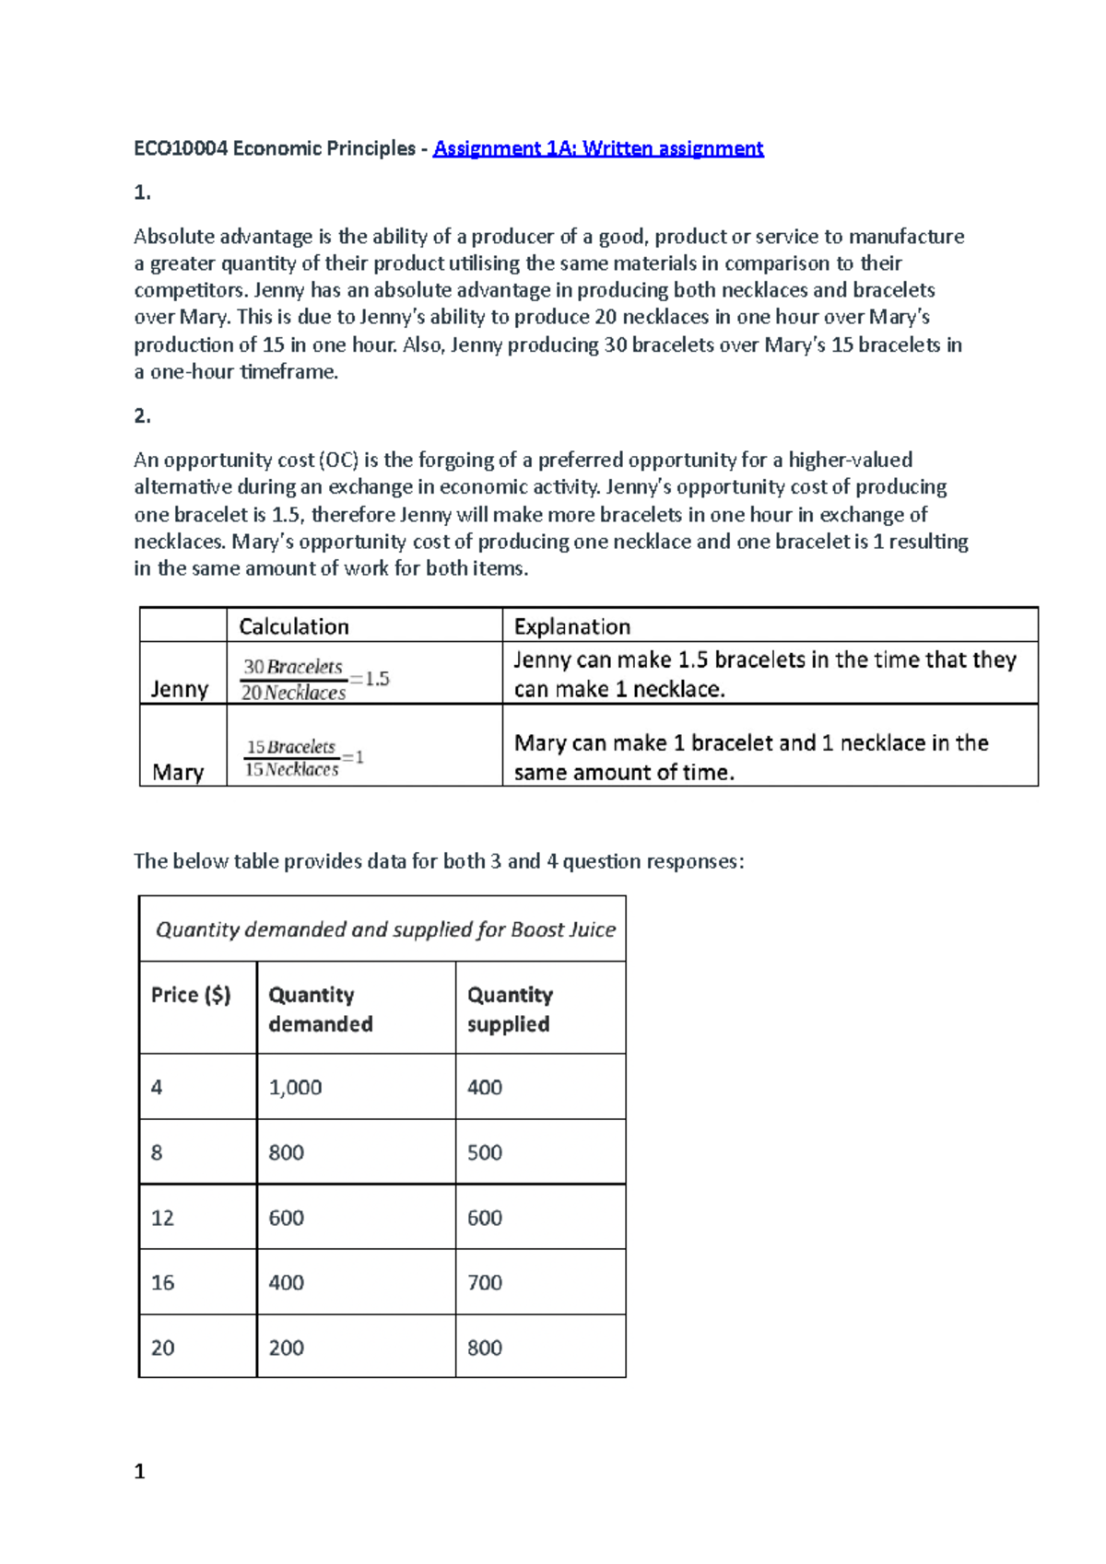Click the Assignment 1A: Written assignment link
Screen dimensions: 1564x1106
pyautogui.click(x=598, y=148)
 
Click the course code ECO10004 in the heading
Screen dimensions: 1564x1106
pyautogui.click(x=180, y=148)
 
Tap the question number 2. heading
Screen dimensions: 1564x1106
pyautogui.click(x=142, y=416)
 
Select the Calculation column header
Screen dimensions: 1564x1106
pyautogui.click(x=294, y=626)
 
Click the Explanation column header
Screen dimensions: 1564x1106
pyautogui.click(x=571, y=626)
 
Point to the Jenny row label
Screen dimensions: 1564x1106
pyautogui.click(x=179, y=689)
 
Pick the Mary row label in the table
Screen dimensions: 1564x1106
pyautogui.click(x=178, y=772)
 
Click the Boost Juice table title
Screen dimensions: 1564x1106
pyautogui.click(x=385, y=929)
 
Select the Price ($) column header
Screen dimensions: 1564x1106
pyautogui.click(x=191, y=995)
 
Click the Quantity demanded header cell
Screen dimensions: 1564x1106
pyautogui.click(x=320, y=1009)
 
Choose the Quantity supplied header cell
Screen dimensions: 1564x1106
pyautogui.click(x=509, y=1009)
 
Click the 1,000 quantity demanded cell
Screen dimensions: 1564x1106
pyautogui.click(x=295, y=1087)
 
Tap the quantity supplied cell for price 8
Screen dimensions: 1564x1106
pyautogui.click(x=485, y=1152)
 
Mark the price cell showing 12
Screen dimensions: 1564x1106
pyautogui.click(x=162, y=1218)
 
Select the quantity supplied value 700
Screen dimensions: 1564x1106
pyautogui.click(x=485, y=1282)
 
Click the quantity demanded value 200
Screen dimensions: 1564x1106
pyautogui.click(x=286, y=1348)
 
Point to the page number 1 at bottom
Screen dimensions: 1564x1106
pyautogui.click(x=139, y=1471)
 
